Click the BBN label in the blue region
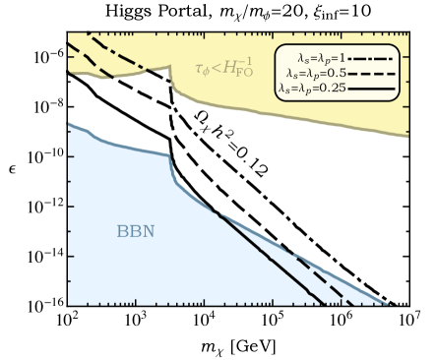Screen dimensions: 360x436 pyautogui.click(x=136, y=232)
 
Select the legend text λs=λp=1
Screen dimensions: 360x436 pyautogui.click(x=321, y=57)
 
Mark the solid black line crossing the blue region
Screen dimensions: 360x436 pyautogui.click(x=266, y=258)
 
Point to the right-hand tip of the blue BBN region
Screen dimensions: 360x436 pyautogui.click(x=386, y=304)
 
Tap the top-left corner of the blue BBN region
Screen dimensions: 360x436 pyautogui.click(x=69, y=124)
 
